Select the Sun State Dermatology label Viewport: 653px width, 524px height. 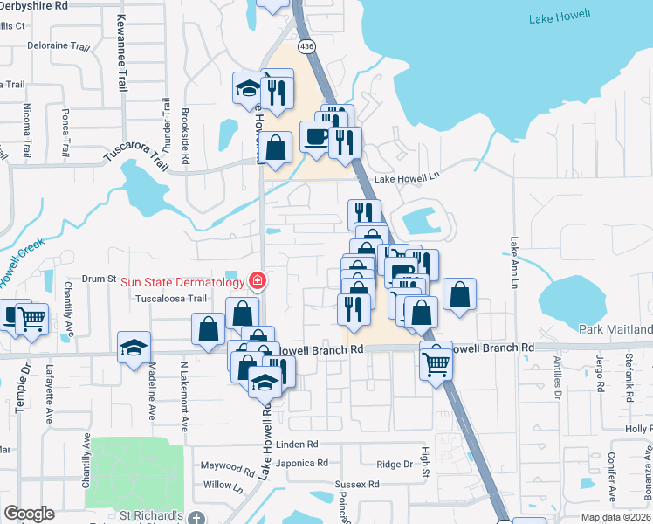click(182, 281)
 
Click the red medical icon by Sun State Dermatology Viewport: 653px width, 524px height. click(258, 281)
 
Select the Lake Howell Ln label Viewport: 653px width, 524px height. click(404, 178)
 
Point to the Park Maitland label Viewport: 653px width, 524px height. click(615, 329)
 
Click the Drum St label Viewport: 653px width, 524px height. click(99, 279)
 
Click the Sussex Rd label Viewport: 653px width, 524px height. click(357, 483)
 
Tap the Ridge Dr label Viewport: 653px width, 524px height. click(395, 464)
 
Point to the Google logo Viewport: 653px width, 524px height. click(29, 514)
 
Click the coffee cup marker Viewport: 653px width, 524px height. click(314, 136)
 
